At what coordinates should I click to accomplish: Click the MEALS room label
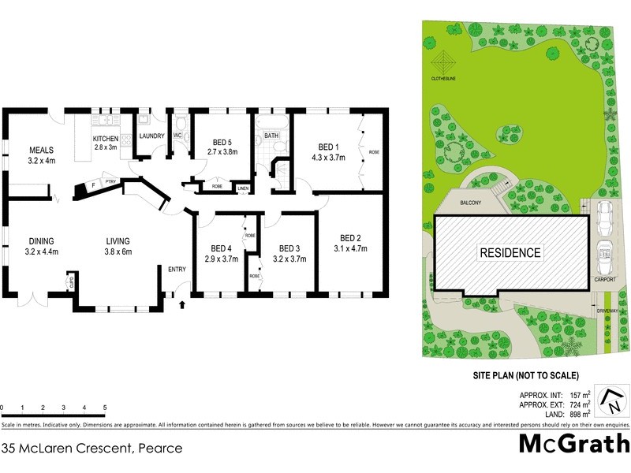click(x=40, y=150)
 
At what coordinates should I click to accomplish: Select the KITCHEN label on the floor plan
click(x=105, y=138)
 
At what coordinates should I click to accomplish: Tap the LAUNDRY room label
click(x=151, y=136)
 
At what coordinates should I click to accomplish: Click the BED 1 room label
click(x=327, y=147)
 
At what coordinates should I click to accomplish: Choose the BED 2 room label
click(x=351, y=238)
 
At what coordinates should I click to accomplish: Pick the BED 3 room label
click(x=290, y=247)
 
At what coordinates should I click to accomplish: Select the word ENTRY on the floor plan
click(x=177, y=271)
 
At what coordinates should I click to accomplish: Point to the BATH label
click(x=271, y=136)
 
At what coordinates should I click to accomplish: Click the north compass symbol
click(x=611, y=400)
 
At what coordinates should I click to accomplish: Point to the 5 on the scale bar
click(x=105, y=408)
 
